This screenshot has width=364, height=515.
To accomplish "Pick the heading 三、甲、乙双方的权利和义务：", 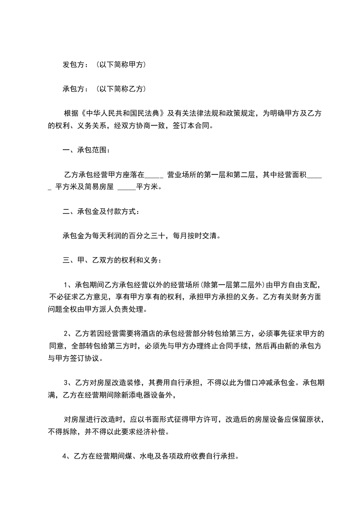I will point(112,260).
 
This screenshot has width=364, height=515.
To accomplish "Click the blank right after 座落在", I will point(154,174).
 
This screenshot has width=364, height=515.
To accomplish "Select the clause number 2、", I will point(68,333).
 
